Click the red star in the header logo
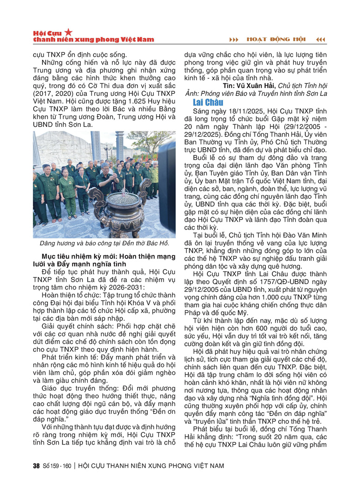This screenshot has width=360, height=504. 68,32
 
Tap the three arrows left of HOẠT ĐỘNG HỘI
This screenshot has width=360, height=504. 234,40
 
